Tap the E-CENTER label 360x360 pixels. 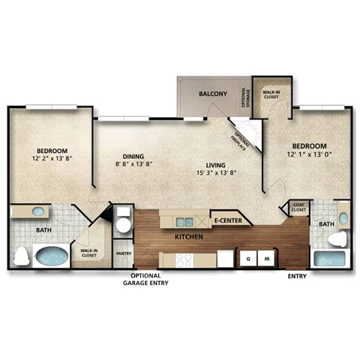pyautogui.click(x=228, y=221)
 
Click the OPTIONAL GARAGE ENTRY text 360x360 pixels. pyautogui.click(x=146, y=280)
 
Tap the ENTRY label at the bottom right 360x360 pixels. pyautogui.click(x=298, y=276)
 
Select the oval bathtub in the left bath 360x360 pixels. pyautogui.click(x=51, y=256)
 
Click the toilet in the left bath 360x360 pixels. pyautogui.click(x=21, y=257)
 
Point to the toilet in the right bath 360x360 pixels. pyautogui.click(x=339, y=239)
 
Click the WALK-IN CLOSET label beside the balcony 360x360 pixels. pyautogui.click(x=270, y=94)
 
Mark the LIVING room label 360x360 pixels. pyautogui.click(x=217, y=164)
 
